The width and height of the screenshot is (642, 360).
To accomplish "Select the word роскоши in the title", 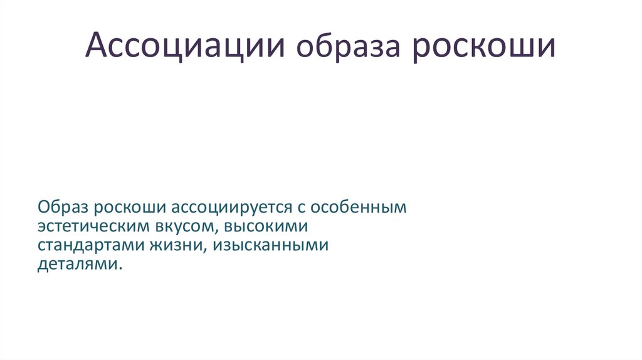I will [483, 47].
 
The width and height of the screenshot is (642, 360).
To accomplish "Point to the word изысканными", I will [270, 245].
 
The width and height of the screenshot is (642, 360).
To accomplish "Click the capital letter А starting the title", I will [95, 47].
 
